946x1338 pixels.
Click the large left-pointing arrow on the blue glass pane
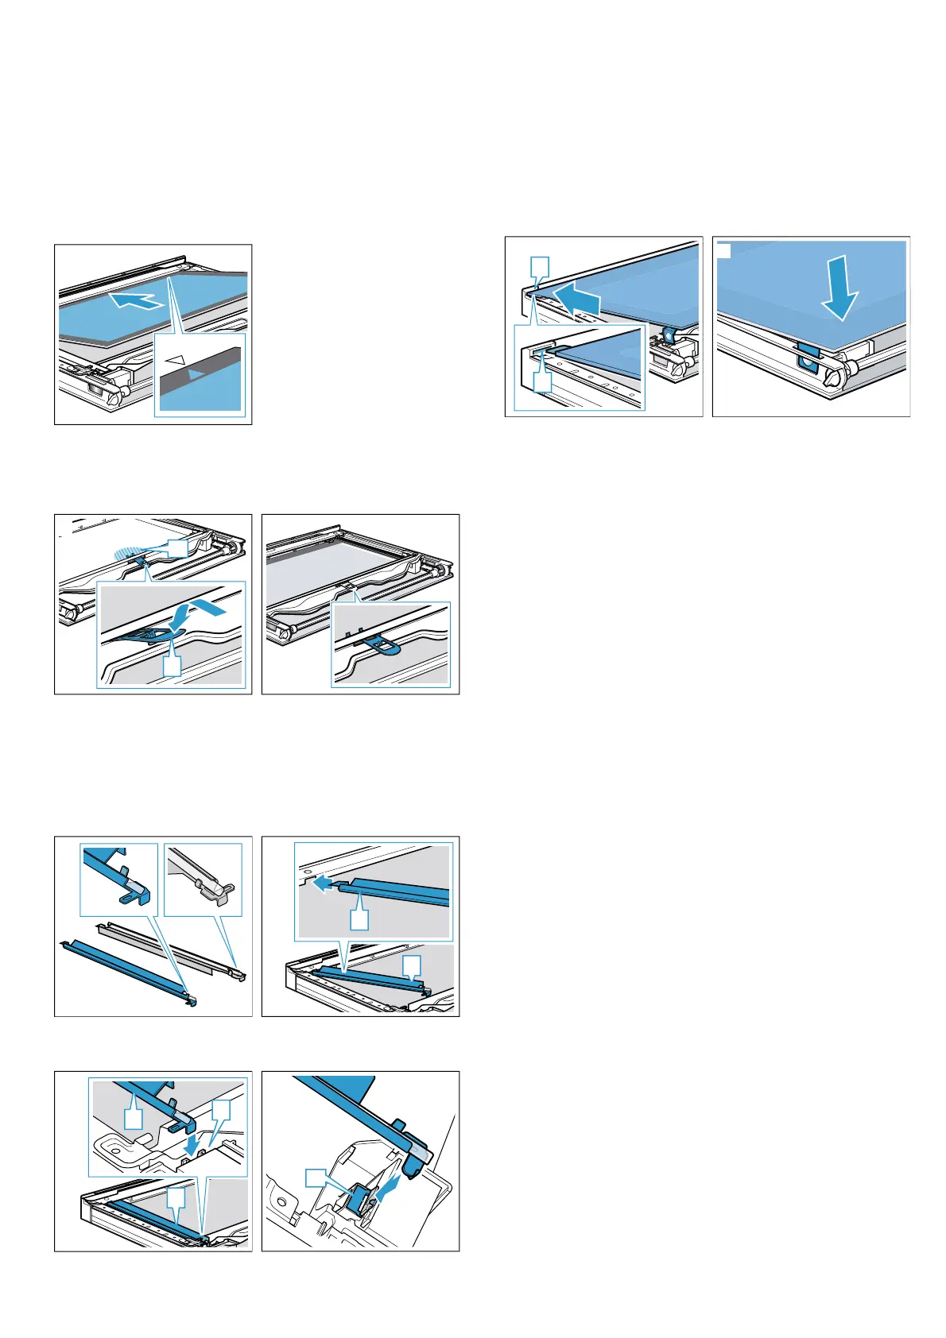[578, 300]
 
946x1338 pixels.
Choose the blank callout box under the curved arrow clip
[172, 666]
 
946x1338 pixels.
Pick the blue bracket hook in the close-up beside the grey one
[132, 891]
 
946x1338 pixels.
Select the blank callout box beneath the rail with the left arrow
[359, 919]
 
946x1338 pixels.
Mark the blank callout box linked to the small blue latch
[316, 1178]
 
